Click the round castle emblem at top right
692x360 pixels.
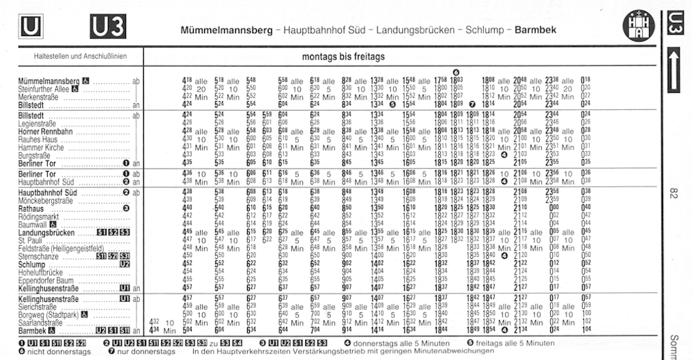point(638,26)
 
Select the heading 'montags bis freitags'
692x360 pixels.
point(343,56)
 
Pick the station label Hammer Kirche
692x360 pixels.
point(42,147)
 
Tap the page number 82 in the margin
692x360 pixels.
point(674,195)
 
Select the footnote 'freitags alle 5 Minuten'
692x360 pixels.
point(514,343)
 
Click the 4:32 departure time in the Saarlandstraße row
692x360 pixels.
point(155,322)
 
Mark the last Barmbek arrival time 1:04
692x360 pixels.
point(586,330)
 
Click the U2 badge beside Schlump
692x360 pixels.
point(125,264)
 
